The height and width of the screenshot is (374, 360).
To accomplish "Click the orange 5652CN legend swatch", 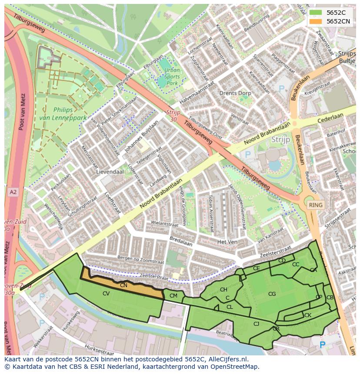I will (x=316, y=21).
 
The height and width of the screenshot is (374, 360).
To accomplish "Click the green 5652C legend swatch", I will (x=316, y=13).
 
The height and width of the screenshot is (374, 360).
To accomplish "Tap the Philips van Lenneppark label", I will (x=69, y=114).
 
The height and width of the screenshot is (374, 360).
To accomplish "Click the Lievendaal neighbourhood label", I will (x=110, y=172).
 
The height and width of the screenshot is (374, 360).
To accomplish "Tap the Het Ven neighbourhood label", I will (x=227, y=242).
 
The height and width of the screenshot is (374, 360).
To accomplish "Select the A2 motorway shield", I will (x=13, y=192).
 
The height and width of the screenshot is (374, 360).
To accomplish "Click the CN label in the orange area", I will (x=123, y=285).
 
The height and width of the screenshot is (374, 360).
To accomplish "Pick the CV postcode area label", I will (x=106, y=294).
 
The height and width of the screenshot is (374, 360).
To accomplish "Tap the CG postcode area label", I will (x=272, y=294).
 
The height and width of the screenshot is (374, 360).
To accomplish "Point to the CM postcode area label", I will (x=173, y=296).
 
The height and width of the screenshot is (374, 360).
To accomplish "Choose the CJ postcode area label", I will (x=256, y=324).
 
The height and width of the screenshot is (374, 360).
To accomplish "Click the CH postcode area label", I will (x=223, y=290).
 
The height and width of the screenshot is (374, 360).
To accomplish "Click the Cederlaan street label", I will (x=330, y=118).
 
